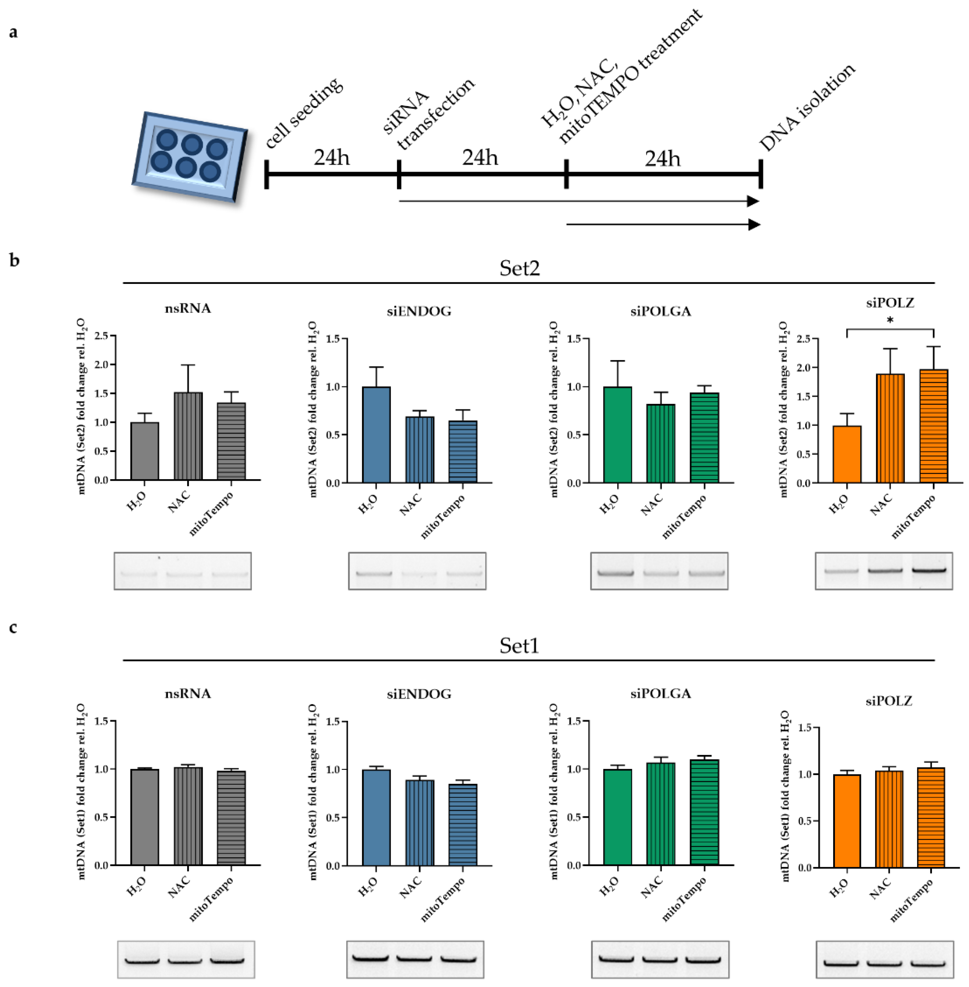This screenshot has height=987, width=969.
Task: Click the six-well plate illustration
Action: [189, 156]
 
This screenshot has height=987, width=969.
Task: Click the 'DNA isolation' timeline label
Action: [807, 108]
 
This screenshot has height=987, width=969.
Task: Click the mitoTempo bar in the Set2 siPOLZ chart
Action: [934, 426]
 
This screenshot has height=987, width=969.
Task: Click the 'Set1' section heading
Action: [519, 645]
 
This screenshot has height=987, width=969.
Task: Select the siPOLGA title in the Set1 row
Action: [660, 694]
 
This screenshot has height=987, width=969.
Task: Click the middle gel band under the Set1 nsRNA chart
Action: [185, 962]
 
